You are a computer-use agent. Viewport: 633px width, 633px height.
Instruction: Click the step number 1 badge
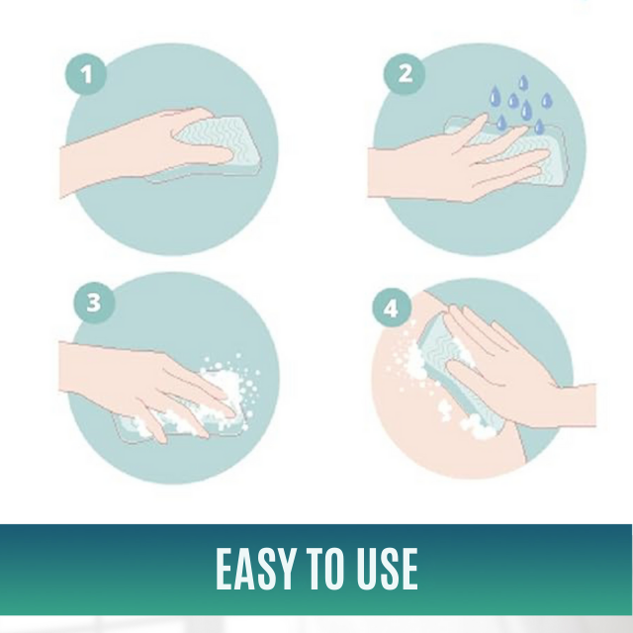[x=86, y=75]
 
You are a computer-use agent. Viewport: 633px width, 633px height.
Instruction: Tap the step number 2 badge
[x=405, y=74]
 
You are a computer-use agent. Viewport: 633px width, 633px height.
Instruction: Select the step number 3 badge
[x=94, y=303]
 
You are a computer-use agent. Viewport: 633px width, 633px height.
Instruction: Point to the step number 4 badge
[x=392, y=309]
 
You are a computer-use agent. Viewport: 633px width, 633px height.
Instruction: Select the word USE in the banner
[x=388, y=570]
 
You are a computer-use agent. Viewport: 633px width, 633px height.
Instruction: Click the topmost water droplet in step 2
[x=523, y=82]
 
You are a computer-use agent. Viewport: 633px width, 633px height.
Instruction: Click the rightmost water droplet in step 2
[x=547, y=101]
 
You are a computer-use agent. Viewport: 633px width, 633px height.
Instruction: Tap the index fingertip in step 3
[x=230, y=412]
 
